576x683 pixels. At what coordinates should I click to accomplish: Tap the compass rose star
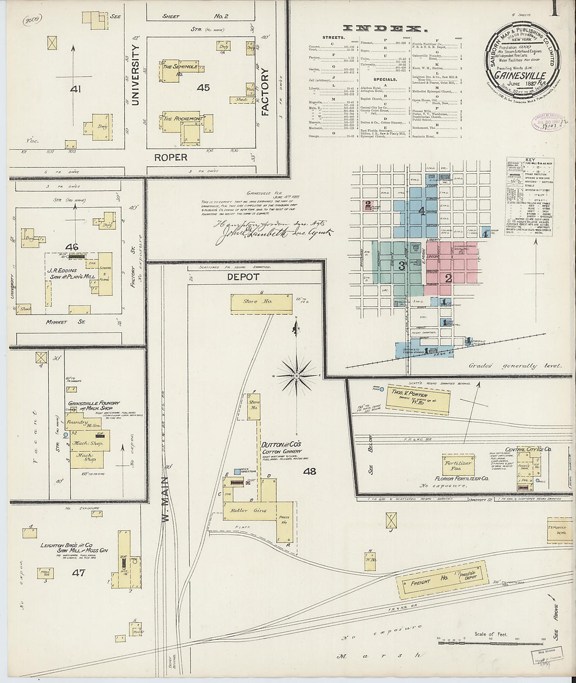tap(296, 375)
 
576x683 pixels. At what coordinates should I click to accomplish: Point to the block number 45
tap(203, 87)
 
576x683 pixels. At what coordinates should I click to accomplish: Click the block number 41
tap(76, 89)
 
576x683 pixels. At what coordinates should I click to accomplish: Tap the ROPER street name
tap(170, 157)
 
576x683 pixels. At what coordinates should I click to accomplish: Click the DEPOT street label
tap(243, 276)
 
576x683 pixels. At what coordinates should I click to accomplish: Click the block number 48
tap(309, 471)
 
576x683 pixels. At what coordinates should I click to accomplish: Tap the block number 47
tap(79, 573)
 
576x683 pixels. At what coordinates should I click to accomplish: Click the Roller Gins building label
tap(253, 510)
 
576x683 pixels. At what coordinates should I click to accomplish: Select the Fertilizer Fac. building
tap(458, 465)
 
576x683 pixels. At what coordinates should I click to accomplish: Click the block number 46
tap(72, 246)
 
